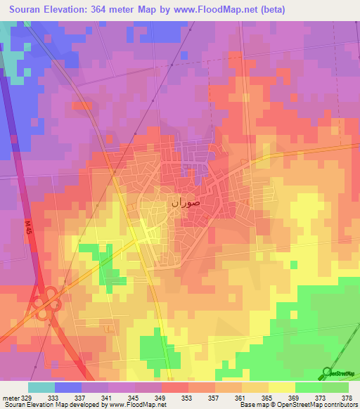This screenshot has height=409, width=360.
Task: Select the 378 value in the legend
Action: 345,398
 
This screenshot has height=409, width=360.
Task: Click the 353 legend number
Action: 167,398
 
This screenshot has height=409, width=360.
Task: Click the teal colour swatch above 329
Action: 41,387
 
